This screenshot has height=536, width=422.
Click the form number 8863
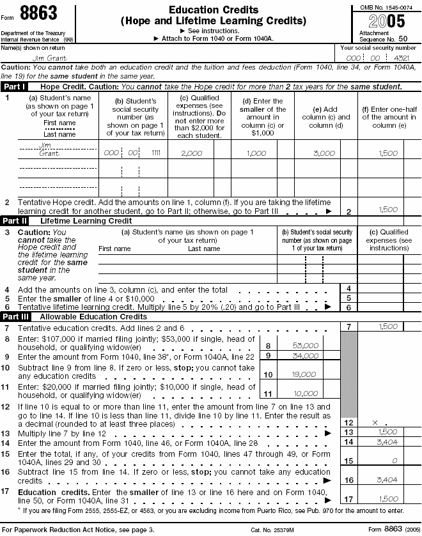coord(38,13)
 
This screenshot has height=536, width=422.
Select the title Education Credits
coord(214,10)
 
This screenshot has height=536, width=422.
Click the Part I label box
coord(15,86)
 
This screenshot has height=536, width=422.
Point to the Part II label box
coord(15,220)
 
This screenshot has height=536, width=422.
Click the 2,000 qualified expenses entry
coord(192,153)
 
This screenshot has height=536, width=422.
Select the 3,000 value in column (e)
coord(324,153)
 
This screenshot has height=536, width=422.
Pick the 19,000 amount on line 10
coord(306,375)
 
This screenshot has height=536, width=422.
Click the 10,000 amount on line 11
coord(306,394)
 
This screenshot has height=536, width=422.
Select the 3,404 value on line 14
coord(388,441)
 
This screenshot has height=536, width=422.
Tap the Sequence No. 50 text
coord(384,39)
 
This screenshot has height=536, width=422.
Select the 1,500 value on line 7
coord(388,326)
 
